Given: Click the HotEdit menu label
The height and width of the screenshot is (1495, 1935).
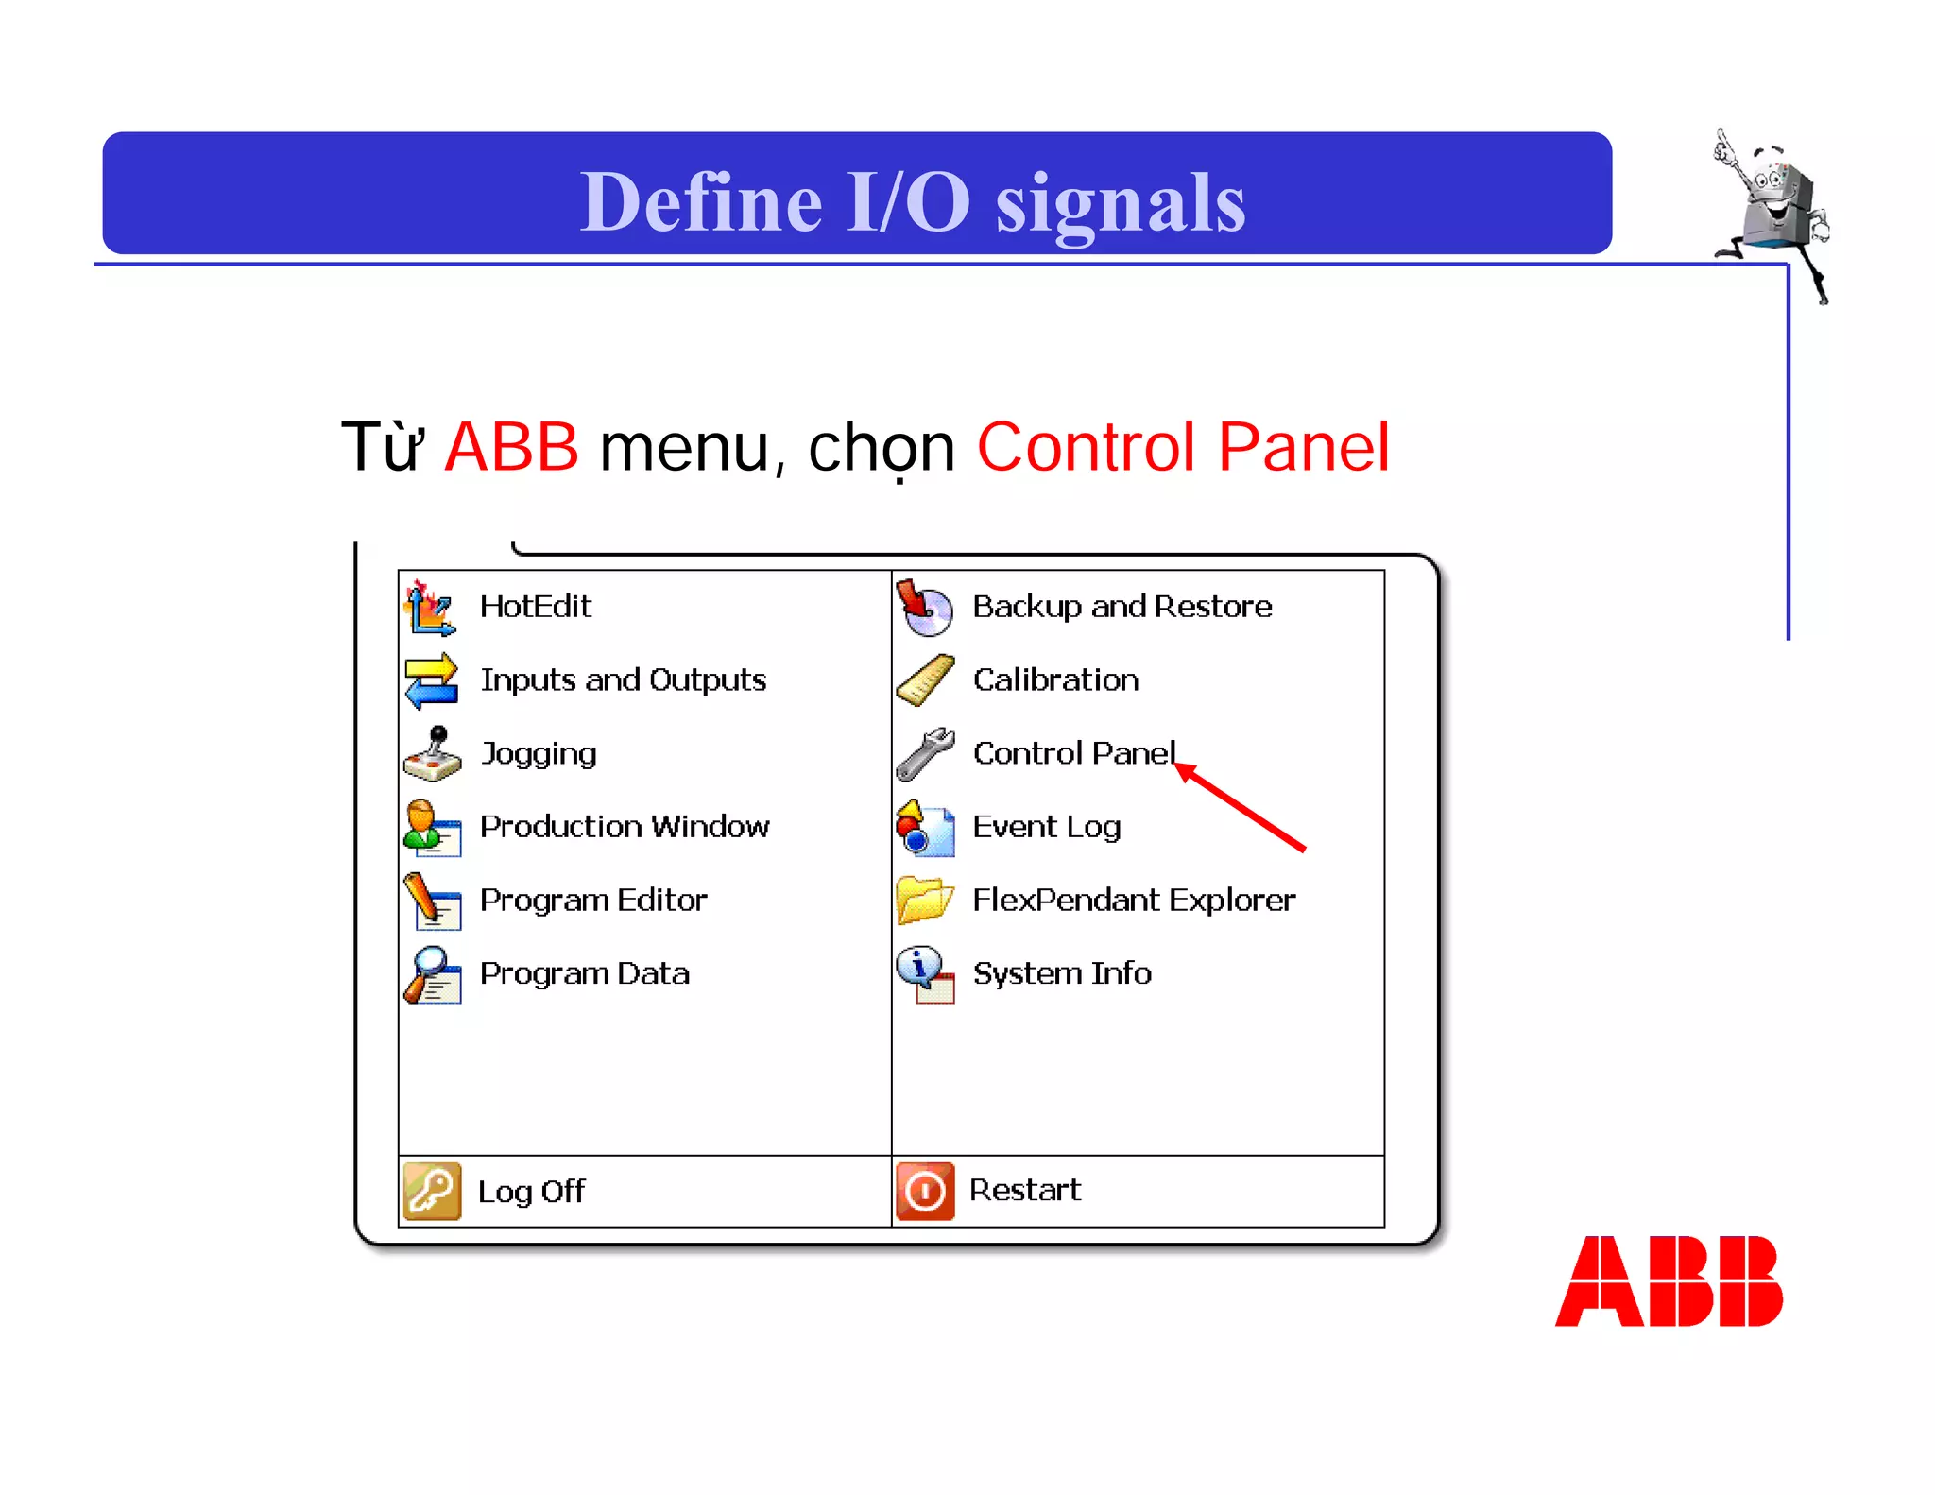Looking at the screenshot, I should tap(535, 606).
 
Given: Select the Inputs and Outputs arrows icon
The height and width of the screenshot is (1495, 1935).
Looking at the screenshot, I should tap(431, 680).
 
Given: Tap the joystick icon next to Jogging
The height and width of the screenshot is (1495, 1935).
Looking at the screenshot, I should tap(433, 754).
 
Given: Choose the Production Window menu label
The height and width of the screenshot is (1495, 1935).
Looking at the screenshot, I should tap(624, 827).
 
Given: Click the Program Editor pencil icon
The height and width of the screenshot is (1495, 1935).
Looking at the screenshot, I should tap(432, 901).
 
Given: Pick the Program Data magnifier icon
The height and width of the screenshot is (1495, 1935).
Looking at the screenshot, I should tap(432, 974).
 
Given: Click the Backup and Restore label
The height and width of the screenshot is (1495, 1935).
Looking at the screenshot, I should tap(1122, 606).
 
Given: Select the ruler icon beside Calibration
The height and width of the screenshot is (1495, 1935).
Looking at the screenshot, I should tap(925, 680).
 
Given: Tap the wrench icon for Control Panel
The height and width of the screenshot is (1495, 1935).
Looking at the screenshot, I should tap(925, 754).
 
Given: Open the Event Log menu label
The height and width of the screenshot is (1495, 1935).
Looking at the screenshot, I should tap(1046, 827).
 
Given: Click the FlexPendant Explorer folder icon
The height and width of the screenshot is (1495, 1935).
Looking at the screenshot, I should tap(924, 900).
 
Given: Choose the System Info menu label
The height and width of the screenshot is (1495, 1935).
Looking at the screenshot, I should tap(1062, 973).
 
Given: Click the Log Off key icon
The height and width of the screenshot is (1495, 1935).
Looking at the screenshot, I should tap(432, 1191).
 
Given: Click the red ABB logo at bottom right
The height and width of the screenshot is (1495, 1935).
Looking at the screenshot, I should tap(1669, 1281).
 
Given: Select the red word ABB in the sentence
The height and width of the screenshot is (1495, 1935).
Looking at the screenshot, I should tap(511, 447).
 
